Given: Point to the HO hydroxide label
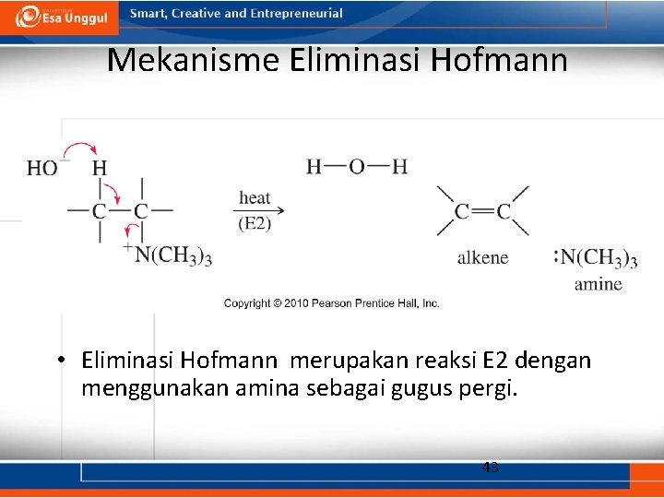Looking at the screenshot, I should click(x=41, y=168).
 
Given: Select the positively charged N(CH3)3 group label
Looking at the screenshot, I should click(x=172, y=255).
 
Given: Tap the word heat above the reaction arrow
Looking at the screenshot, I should click(x=255, y=197).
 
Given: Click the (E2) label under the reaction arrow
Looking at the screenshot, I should click(x=255, y=223).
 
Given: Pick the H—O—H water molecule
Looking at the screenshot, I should click(x=357, y=167).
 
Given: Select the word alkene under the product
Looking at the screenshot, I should click(x=482, y=257).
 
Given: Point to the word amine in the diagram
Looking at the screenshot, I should click(x=598, y=284).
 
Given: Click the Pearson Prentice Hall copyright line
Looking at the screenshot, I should click(x=332, y=303).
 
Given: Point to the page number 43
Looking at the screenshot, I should click(x=491, y=468).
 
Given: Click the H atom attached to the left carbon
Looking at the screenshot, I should click(x=100, y=168).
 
